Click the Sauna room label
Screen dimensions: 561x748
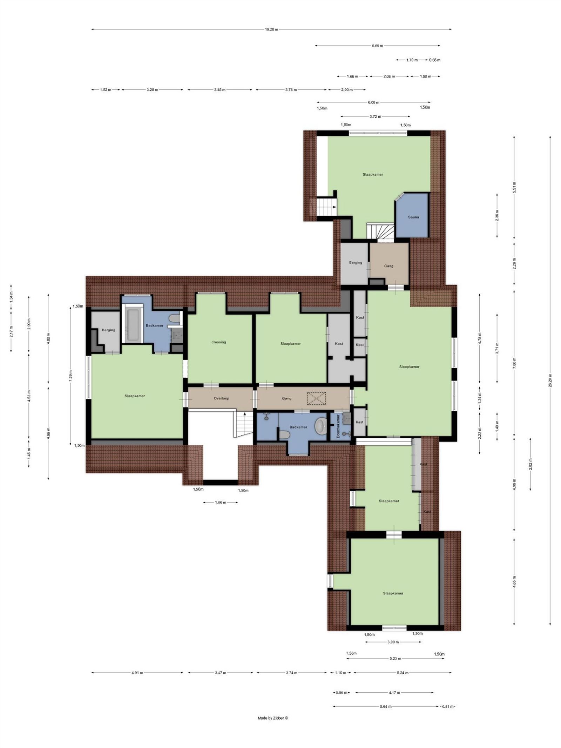tap(413, 217)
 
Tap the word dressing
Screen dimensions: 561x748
tap(218, 342)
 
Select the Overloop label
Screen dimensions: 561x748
tap(221, 398)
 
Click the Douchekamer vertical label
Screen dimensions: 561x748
tap(338, 426)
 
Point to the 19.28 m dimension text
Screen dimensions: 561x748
tap(271, 29)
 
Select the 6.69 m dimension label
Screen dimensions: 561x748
tap(377, 46)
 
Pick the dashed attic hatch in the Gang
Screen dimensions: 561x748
tap(317, 398)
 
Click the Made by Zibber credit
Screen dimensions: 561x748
tap(273, 718)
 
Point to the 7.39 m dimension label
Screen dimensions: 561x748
tap(70, 376)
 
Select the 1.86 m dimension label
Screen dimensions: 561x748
tap(221, 503)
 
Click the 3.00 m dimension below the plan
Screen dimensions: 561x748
tap(393, 642)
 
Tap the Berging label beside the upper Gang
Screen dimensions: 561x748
tap(356, 262)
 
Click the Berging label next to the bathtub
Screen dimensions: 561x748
tap(108, 330)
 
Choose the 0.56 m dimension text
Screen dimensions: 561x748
tap(435, 60)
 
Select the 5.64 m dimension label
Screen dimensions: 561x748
tap(386, 706)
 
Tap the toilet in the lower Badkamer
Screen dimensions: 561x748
tap(285, 435)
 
